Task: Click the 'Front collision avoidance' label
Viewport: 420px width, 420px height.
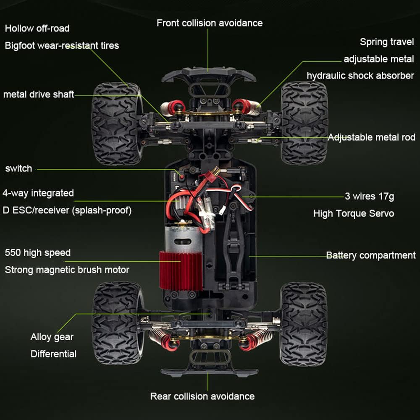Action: point(210,23)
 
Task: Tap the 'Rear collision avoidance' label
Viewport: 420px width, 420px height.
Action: point(202,396)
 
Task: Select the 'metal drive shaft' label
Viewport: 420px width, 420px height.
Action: point(39,94)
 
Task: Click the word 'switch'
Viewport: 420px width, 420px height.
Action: point(18,168)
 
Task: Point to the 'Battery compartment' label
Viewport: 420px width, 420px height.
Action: point(371,255)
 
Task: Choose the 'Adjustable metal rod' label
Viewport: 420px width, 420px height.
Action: point(371,137)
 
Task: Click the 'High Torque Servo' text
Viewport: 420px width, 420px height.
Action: point(354,213)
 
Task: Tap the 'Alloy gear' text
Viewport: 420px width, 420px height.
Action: point(52,337)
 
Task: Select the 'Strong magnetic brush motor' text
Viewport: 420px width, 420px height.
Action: point(67,270)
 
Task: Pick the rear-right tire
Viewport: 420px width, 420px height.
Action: point(304,323)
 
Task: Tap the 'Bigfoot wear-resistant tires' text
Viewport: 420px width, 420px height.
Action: point(62,45)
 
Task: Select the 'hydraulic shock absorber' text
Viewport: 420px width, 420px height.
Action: point(360,76)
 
